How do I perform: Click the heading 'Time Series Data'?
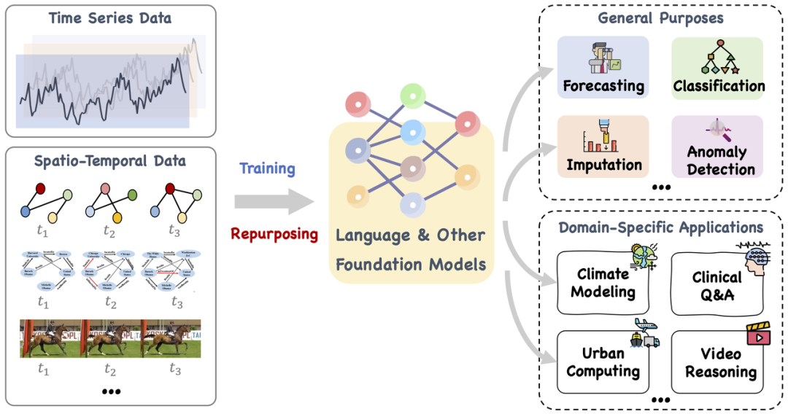click(110, 17)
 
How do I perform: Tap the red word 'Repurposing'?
click(274, 234)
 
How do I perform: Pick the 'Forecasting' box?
click(603, 68)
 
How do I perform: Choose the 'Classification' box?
click(718, 68)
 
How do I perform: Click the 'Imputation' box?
click(603, 147)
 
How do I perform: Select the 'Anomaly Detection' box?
click(718, 147)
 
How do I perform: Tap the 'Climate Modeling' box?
click(603, 284)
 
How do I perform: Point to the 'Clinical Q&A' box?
click(718, 284)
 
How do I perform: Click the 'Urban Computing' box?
click(603, 362)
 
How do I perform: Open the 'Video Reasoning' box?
click(718, 362)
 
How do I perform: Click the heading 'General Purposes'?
click(660, 17)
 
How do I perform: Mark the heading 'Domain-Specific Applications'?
click(660, 228)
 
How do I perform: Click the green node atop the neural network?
click(412, 95)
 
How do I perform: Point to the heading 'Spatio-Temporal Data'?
click(110, 160)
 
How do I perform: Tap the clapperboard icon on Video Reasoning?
click(757, 335)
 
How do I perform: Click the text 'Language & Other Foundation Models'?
click(411, 250)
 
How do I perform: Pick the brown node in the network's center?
click(412, 168)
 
